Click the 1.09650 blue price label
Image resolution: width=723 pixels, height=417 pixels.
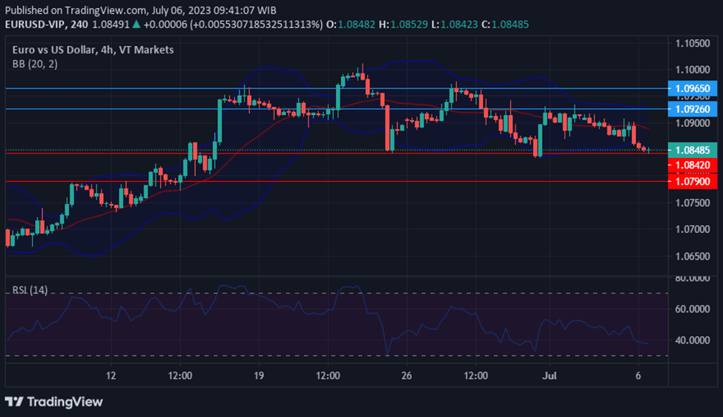(x=693, y=88)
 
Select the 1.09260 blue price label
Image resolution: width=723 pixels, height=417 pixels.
(x=693, y=109)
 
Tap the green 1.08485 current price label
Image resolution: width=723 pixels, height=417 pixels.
(x=693, y=149)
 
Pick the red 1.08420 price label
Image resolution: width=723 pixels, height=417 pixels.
(x=693, y=165)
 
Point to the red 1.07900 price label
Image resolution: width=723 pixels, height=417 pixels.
(x=693, y=181)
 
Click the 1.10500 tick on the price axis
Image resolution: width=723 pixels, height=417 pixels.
(x=693, y=44)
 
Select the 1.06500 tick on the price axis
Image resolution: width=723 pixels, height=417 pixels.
(x=693, y=256)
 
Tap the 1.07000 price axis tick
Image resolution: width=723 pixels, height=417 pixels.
(x=693, y=229)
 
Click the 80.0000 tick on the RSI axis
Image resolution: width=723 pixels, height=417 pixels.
(x=693, y=278)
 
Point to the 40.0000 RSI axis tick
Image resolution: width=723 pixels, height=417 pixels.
(x=693, y=340)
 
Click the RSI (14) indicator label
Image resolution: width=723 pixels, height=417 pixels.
(x=30, y=290)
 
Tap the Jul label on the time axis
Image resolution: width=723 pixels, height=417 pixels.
(x=549, y=375)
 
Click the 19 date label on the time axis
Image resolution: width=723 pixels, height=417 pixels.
(x=258, y=375)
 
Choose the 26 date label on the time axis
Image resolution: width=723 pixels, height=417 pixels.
(x=406, y=375)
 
